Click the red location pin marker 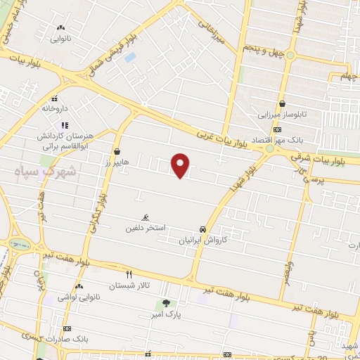point(181,165)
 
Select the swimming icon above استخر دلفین point(146,217)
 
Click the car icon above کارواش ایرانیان point(202,229)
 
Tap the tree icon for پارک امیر point(166,304)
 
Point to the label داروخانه point(54,109)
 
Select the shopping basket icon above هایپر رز point(116,151)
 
